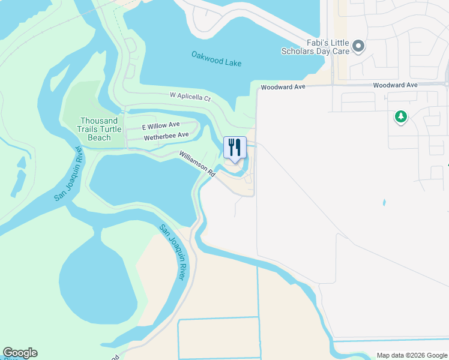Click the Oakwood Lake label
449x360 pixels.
[x=216, y=58]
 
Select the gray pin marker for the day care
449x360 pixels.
[x=358, y=46]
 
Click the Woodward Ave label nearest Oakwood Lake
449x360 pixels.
[x=283, y=87]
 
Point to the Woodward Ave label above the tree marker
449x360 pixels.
[x=395, y=85]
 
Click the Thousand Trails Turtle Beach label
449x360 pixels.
[x=100, y=129]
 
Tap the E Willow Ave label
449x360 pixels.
[x=160, y=126]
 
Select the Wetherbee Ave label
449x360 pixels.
[x=166, y=136]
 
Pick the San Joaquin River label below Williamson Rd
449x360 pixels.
[x=172, y=252]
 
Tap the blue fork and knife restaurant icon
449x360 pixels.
[x=235, y=147]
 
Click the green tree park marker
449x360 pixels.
[x=400, y=117]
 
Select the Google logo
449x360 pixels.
[x=20, y=353]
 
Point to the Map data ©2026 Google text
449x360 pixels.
[x=411, y=355]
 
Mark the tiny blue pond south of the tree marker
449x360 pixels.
[x=384, y=203]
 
